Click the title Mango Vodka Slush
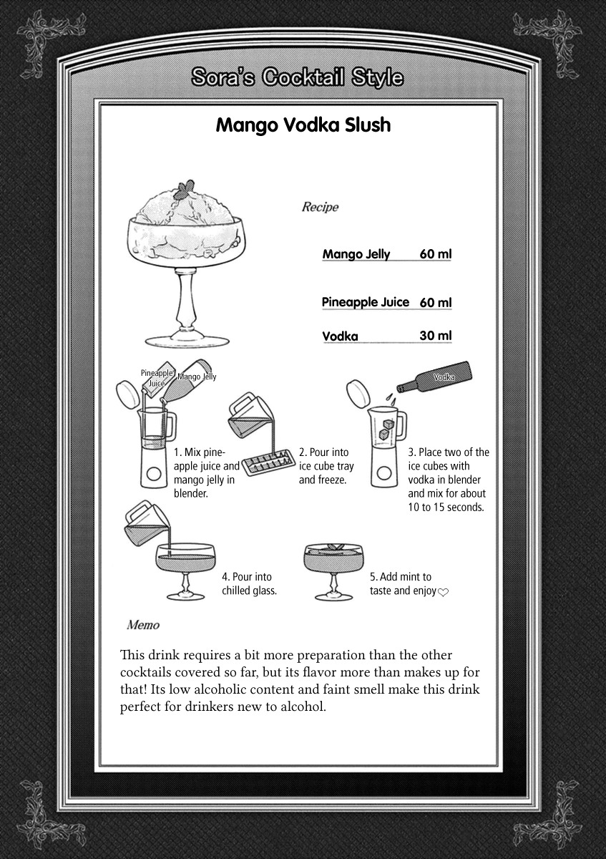coord(303,125)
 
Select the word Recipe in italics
coord(320,208)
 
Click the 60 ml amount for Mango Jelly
coord(435,254)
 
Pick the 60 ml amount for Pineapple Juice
coord(435,303)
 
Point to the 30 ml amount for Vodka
coord(435,336)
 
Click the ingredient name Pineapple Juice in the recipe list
coord(365,302)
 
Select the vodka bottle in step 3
coord(436,378)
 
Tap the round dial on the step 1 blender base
coord(153,473)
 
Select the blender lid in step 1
coord(128,393)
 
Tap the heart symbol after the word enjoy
coord(443,592)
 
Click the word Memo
coord(143,625)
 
